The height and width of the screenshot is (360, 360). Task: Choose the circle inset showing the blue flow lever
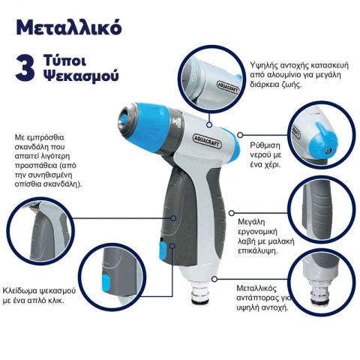[318, 133]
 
